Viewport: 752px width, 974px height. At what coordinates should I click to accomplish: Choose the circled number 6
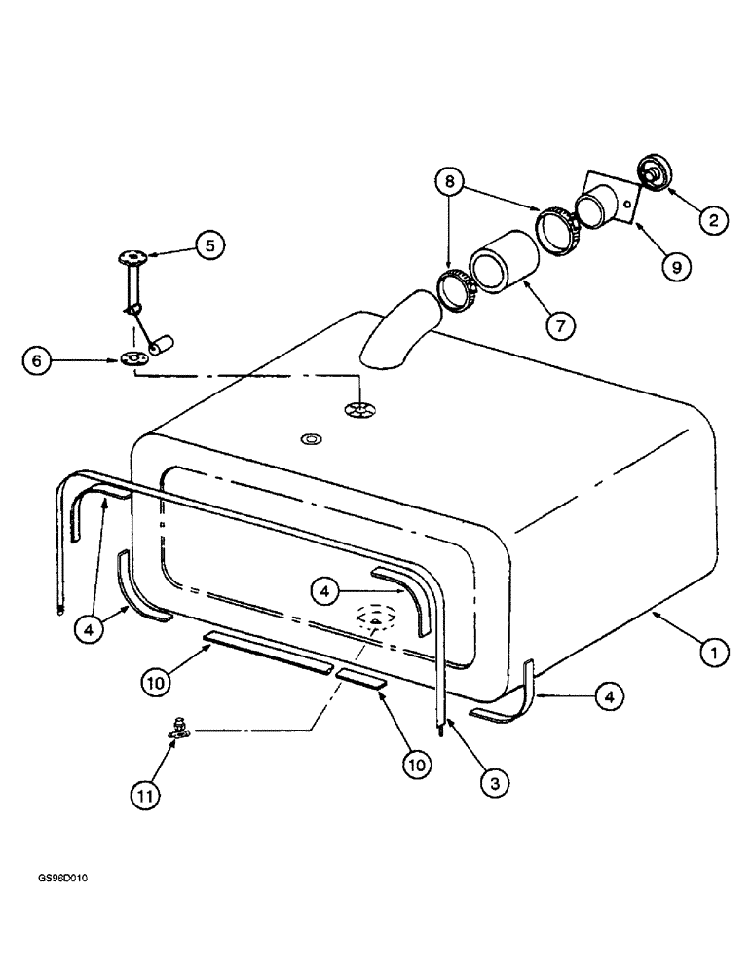(x=35, y=359)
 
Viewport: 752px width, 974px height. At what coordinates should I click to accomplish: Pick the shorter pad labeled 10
(x=360, y=678)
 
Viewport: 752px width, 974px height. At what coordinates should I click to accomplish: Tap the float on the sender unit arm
(x=160, y=345)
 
